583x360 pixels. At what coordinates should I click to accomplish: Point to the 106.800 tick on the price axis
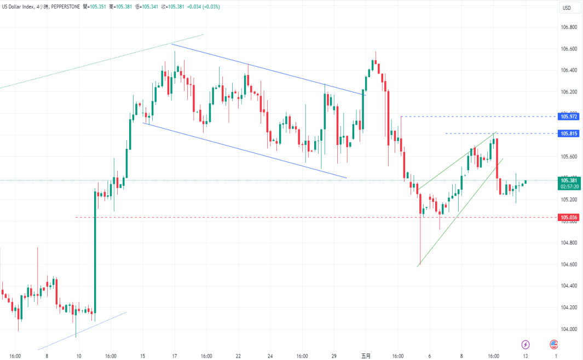(570, 27)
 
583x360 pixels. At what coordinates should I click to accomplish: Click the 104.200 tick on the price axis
(570, 307)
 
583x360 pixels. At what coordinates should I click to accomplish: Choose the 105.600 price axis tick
(570, 156)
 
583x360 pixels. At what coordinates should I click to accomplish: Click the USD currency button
(567, 8)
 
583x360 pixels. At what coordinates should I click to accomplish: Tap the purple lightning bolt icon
(526, 344)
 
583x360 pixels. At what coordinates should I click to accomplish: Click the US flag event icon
(554, 344)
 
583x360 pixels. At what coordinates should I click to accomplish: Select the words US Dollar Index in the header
(19, 7)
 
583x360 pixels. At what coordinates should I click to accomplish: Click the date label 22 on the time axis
(238, 356)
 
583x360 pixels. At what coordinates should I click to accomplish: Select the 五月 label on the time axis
(366, 356)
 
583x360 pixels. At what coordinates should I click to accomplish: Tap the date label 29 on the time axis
(334, 356)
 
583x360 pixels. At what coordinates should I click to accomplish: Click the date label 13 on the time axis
(525, 356)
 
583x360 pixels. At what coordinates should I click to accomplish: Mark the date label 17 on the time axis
(174, 356)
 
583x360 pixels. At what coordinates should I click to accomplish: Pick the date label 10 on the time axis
(79, 356)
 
